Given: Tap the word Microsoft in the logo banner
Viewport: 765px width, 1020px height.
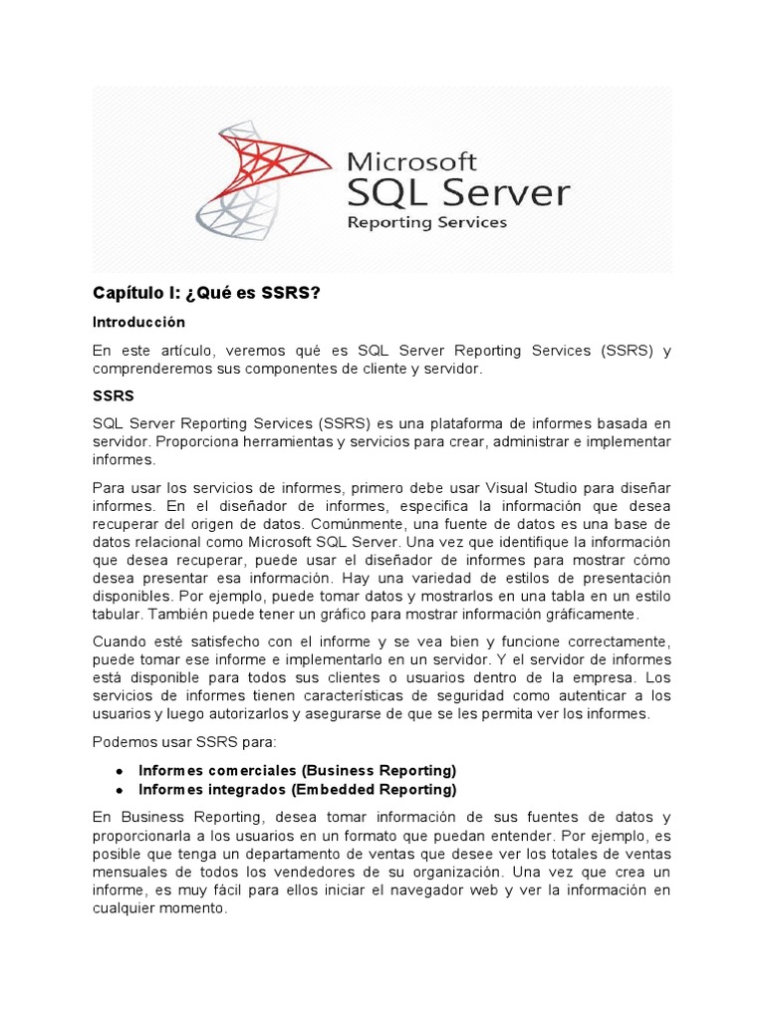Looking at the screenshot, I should point(410,160).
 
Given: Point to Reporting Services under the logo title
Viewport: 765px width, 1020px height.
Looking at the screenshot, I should point(426,222).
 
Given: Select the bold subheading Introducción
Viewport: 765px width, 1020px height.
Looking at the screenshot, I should point(138,323).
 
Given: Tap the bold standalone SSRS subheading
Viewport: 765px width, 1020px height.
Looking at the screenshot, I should point(113,396).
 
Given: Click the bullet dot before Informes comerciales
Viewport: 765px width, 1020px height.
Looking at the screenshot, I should point(119,771).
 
